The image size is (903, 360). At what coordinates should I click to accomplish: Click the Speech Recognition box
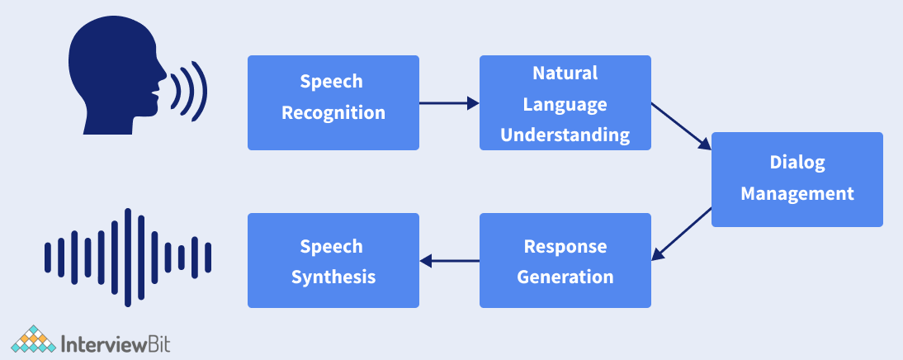pyautogui.click(x=333, y=102)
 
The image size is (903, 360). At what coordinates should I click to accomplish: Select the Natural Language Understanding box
pyautogui.click(x=565, y=102)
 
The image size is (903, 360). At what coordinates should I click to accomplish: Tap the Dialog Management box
pyautogui.click(x=797, y=179)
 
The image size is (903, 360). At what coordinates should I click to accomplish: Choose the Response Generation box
pyautogui.click(x=565, y=260)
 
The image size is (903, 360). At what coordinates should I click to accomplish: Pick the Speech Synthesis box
pyautogui.click(x=333, y=260)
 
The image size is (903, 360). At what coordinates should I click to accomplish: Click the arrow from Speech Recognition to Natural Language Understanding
pyautogui.click(x=449, y=103)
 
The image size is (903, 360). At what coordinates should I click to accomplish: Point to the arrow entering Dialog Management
pyautogui.click(x=681, y=126)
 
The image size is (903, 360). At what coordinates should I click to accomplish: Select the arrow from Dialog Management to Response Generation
pyautogui.click(x=681, y=234)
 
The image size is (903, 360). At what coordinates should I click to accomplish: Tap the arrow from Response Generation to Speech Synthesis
pyautogui.click(x=449, y=261)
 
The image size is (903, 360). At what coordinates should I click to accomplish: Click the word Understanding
pyautogui.click(x=565, y=135)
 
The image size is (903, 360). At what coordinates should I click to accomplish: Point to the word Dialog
pyautogui.click(x=797, y=163)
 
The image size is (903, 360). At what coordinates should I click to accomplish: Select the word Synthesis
pyautogui.click(x=333, y=277)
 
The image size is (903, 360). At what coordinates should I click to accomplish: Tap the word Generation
pyautogui.click(x=565, y=277)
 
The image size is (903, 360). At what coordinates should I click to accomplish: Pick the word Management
pyautogui.click(x=797, y=194)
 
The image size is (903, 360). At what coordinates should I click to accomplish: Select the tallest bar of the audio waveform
pyautogui.click(x=128, y=258)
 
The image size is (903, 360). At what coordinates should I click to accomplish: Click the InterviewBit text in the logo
pyautogui.click(x=116, y=343)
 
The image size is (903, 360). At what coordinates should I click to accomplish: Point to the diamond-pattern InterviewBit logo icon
pyautogui.click(x=33, y=339)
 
